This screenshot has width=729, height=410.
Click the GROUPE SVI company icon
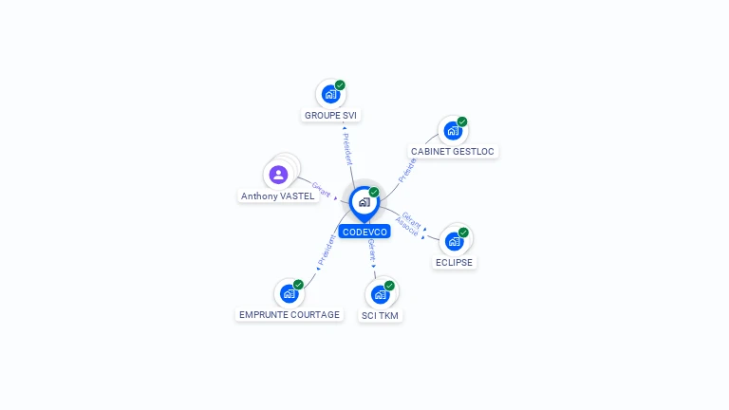(x=329, y=94)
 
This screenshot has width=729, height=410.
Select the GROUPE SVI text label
(x=331, y=116)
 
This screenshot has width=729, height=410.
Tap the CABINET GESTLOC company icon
(x=452, y=130)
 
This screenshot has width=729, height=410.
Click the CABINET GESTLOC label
(x=453, y=152)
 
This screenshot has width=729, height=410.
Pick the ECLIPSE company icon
(x=453, y=241)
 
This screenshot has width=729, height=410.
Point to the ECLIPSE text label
(x=454, y=263)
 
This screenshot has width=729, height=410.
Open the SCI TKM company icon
(x=380, y=294)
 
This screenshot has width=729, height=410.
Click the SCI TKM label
(x=380, y=316)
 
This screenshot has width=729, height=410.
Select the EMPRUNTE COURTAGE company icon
(x=289, y=293)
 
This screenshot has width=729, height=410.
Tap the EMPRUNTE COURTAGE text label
(x=290, y=315)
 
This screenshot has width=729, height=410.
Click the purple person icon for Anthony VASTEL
(x=278, y=175)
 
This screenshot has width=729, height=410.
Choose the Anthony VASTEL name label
(x=277, y=196)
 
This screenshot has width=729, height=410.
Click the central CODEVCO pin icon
(x=364, y=201)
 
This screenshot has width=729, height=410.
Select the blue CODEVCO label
(x=364, y=232)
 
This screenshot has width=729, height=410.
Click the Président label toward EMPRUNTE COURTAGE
(x=326, y=249)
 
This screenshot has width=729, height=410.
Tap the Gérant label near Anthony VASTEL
(x=321, y=190)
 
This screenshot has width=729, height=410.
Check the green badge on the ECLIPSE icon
(x=463, y=233)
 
